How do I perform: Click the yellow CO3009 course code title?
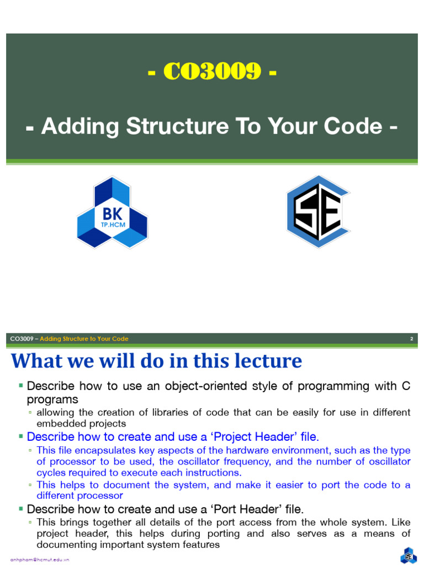tap(212, 72)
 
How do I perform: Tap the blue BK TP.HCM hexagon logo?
tap(112, 212)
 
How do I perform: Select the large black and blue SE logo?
tap(317, 212)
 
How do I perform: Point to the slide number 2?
tap(411, 339)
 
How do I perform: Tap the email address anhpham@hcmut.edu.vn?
tap(40, 559)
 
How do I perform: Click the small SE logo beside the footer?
tap(409, 555)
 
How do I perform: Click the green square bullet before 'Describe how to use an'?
tap(20, 384)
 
